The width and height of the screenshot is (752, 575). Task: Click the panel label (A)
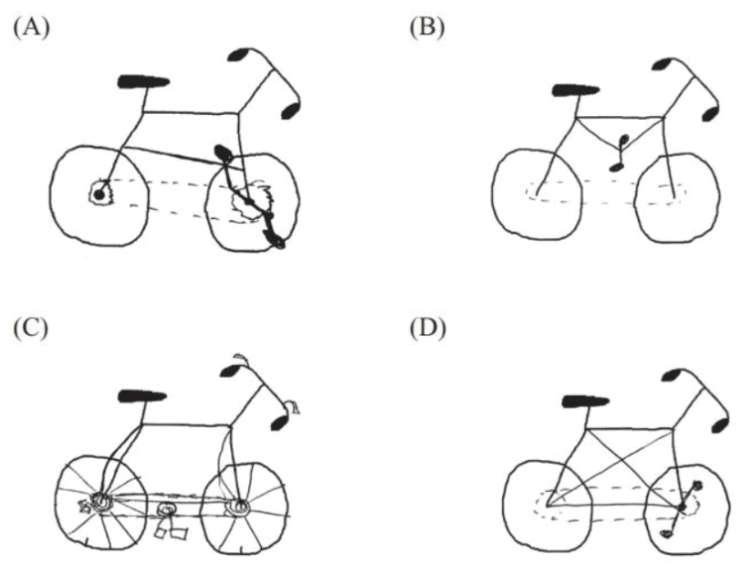(32, 27)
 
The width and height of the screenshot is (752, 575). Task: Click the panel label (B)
(427, 27)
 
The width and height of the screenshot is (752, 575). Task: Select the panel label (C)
(31, 329)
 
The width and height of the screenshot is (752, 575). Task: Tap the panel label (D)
(427, 329)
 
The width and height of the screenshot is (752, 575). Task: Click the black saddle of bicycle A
(143, 81)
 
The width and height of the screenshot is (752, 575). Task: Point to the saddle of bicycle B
(576, 90)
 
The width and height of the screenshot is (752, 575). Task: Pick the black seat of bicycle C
(142, 396)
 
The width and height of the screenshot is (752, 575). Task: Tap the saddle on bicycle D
(586, 401)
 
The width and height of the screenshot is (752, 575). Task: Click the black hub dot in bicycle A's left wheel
(99, 194)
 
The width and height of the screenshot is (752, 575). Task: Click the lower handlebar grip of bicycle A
(289, 111)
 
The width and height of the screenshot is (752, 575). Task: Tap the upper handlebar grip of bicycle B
(663, 64)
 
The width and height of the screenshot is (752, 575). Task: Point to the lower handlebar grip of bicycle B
(710, 114)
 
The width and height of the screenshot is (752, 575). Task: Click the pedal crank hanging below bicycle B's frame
(619, 153)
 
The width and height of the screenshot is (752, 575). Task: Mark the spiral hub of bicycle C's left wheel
(101, 502)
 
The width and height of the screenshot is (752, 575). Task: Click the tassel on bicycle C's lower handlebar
(293, 407)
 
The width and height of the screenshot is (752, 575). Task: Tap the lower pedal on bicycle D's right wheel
(665, 533)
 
